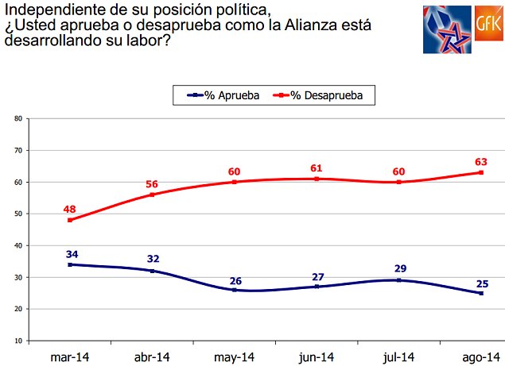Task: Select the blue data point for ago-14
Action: click(480, 293)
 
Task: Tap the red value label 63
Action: click(480, 161)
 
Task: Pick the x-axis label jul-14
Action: click(398, 356)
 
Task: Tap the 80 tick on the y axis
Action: click(17, 118)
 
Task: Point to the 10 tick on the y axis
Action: click(17, 341)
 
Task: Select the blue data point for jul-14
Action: click(398, 280)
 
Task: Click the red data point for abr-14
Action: click(152, 195)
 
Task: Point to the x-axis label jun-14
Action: click(317, 356)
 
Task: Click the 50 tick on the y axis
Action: click(17, 214)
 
